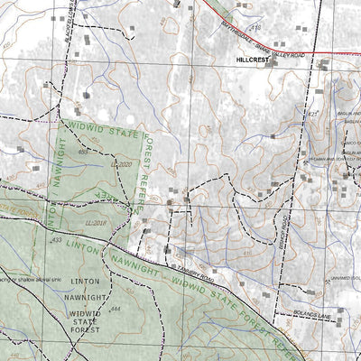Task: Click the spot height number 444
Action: pyautogui.click(x=115, y=310)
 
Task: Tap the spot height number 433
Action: pyautogui.click(x=56, y=241)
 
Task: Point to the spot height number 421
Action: pyautogui.click(x=313, y=115)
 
